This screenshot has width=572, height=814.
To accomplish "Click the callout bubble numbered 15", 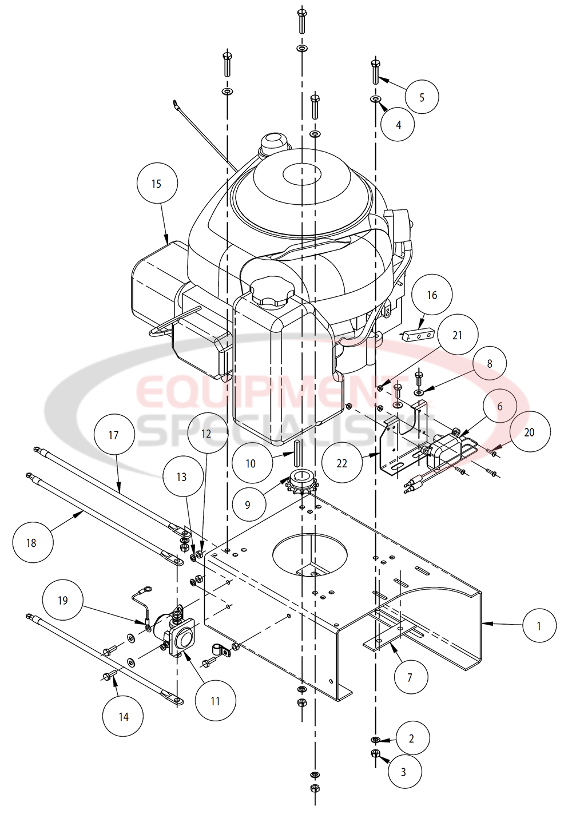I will coord(157,184).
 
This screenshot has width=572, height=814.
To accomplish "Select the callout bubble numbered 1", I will coord(538,626).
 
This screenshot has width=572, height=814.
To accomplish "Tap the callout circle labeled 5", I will coord(422,97).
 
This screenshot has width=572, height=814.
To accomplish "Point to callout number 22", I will coord(341,463).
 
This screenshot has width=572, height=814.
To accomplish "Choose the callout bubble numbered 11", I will coord(215,701).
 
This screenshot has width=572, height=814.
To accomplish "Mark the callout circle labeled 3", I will coord(403,772).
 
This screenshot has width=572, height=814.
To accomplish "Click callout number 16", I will coord(432,295).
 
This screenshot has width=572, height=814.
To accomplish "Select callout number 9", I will coord(248,505).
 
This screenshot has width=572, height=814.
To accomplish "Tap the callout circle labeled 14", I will coord(124,717).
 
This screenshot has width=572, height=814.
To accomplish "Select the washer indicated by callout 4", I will coord(375,100).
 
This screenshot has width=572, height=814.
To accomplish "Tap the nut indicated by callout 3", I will coord(375,753).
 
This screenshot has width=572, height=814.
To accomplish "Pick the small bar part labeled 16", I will coord(420,336).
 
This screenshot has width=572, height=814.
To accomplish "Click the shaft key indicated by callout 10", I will coord(297,451).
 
